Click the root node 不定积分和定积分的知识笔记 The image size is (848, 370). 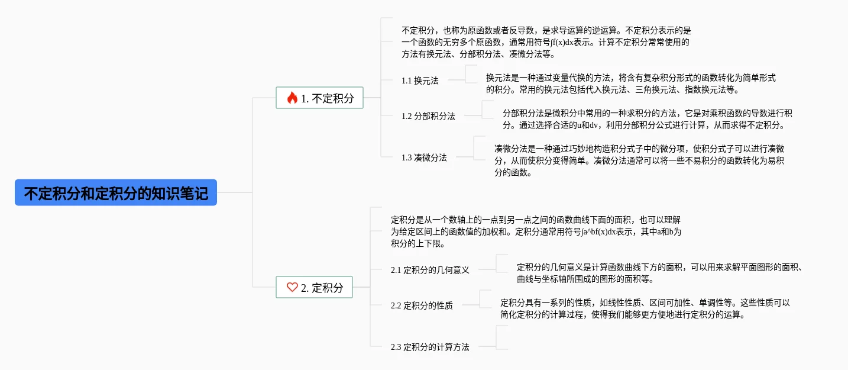pos(116,193)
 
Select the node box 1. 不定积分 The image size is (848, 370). pos(319,98)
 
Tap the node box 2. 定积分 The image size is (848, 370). pos(314,288)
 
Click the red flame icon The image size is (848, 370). pos(292,98)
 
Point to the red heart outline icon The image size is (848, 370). pos(292,288)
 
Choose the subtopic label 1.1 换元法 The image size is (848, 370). pos(420,81)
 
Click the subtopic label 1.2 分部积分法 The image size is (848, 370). pos(428,116)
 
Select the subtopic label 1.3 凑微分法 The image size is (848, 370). pos(424,157)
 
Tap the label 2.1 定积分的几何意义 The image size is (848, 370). pos(430,270)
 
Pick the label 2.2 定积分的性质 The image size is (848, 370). pos(422,305)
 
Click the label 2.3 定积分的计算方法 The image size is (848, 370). pos(430,347)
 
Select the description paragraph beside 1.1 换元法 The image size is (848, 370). pos(630,84)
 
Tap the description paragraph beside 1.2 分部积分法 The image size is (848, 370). pos(647,119)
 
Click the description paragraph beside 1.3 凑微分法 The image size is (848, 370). pos(639,160)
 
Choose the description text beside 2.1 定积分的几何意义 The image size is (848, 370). pos(659,273)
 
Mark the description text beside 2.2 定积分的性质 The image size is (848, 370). pos(645,308)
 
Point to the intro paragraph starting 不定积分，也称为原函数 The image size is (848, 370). pos(546,42)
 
